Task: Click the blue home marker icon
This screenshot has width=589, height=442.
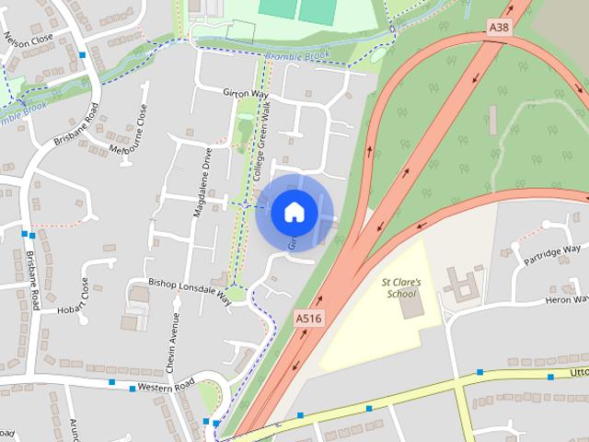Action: coord(294,212)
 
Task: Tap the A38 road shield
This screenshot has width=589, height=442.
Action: coord(499,28)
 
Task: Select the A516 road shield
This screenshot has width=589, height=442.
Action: coord(309,318)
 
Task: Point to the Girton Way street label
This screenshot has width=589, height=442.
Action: coord(245,93)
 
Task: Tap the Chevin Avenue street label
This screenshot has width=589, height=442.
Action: coord(171,342)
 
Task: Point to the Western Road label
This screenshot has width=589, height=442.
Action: coord(162,388)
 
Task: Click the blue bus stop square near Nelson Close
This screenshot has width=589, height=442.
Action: coord(84,56)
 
